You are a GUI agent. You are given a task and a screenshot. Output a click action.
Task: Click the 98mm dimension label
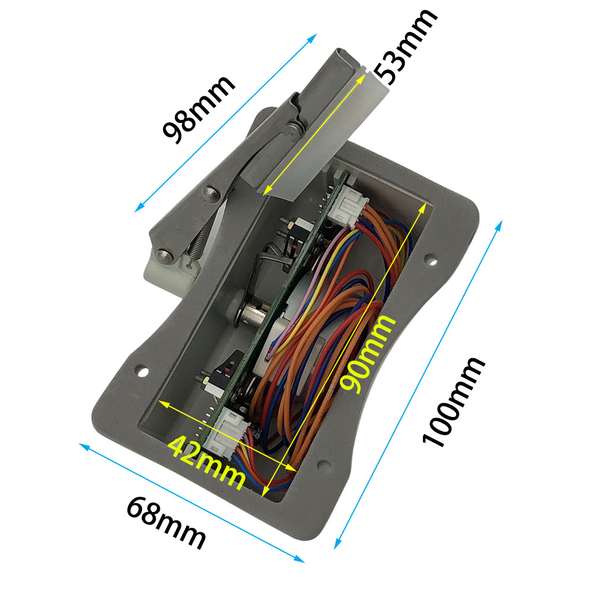[x=198, y=109]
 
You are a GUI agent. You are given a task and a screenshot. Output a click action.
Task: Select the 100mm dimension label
[x=453, y=402]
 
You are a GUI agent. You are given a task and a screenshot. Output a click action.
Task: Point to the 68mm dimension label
[x=166, y=523]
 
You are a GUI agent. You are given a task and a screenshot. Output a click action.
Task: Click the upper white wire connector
[x=347, y=207]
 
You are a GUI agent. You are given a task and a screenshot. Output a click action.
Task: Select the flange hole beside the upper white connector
[x=431, y=260]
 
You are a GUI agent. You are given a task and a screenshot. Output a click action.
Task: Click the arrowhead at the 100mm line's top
[x=500, y=225]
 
